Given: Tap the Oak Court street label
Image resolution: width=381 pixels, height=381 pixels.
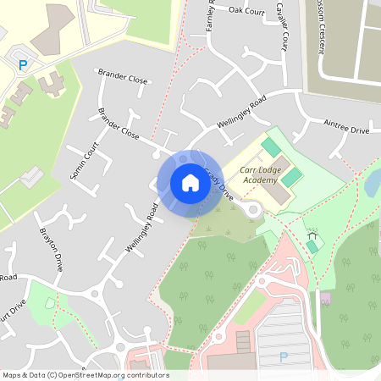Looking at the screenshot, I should pyautogui.click(x=248, y=10).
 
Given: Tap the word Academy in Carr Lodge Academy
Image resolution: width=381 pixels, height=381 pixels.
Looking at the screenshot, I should pyautogui.click(x=259, y=180).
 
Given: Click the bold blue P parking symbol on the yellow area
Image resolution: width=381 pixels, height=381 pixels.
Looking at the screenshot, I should pyautogui.click(x=24, y=64).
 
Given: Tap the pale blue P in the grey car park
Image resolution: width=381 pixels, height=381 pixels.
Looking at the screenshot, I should pyautogui.click(x=284, y=357).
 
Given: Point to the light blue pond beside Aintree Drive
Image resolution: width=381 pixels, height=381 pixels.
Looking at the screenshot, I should pyautogui.click(x=373, y=180).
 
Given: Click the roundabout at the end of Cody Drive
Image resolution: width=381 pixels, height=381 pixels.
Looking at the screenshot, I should pyautogui.click(x=251, y=209).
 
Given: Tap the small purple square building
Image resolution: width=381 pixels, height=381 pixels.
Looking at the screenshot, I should pyautogui.click(x=326, y=299).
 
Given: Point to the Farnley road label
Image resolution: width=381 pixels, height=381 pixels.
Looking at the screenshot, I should pyautogui.click(x=210, y=19).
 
